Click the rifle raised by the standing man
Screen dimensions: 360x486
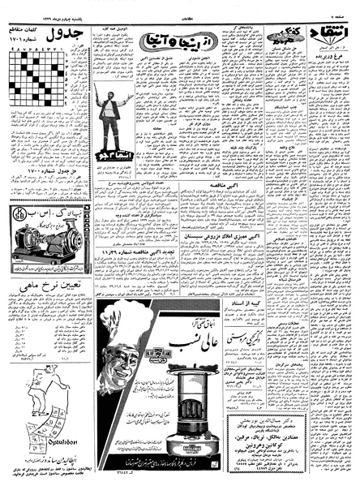[98, 89]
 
